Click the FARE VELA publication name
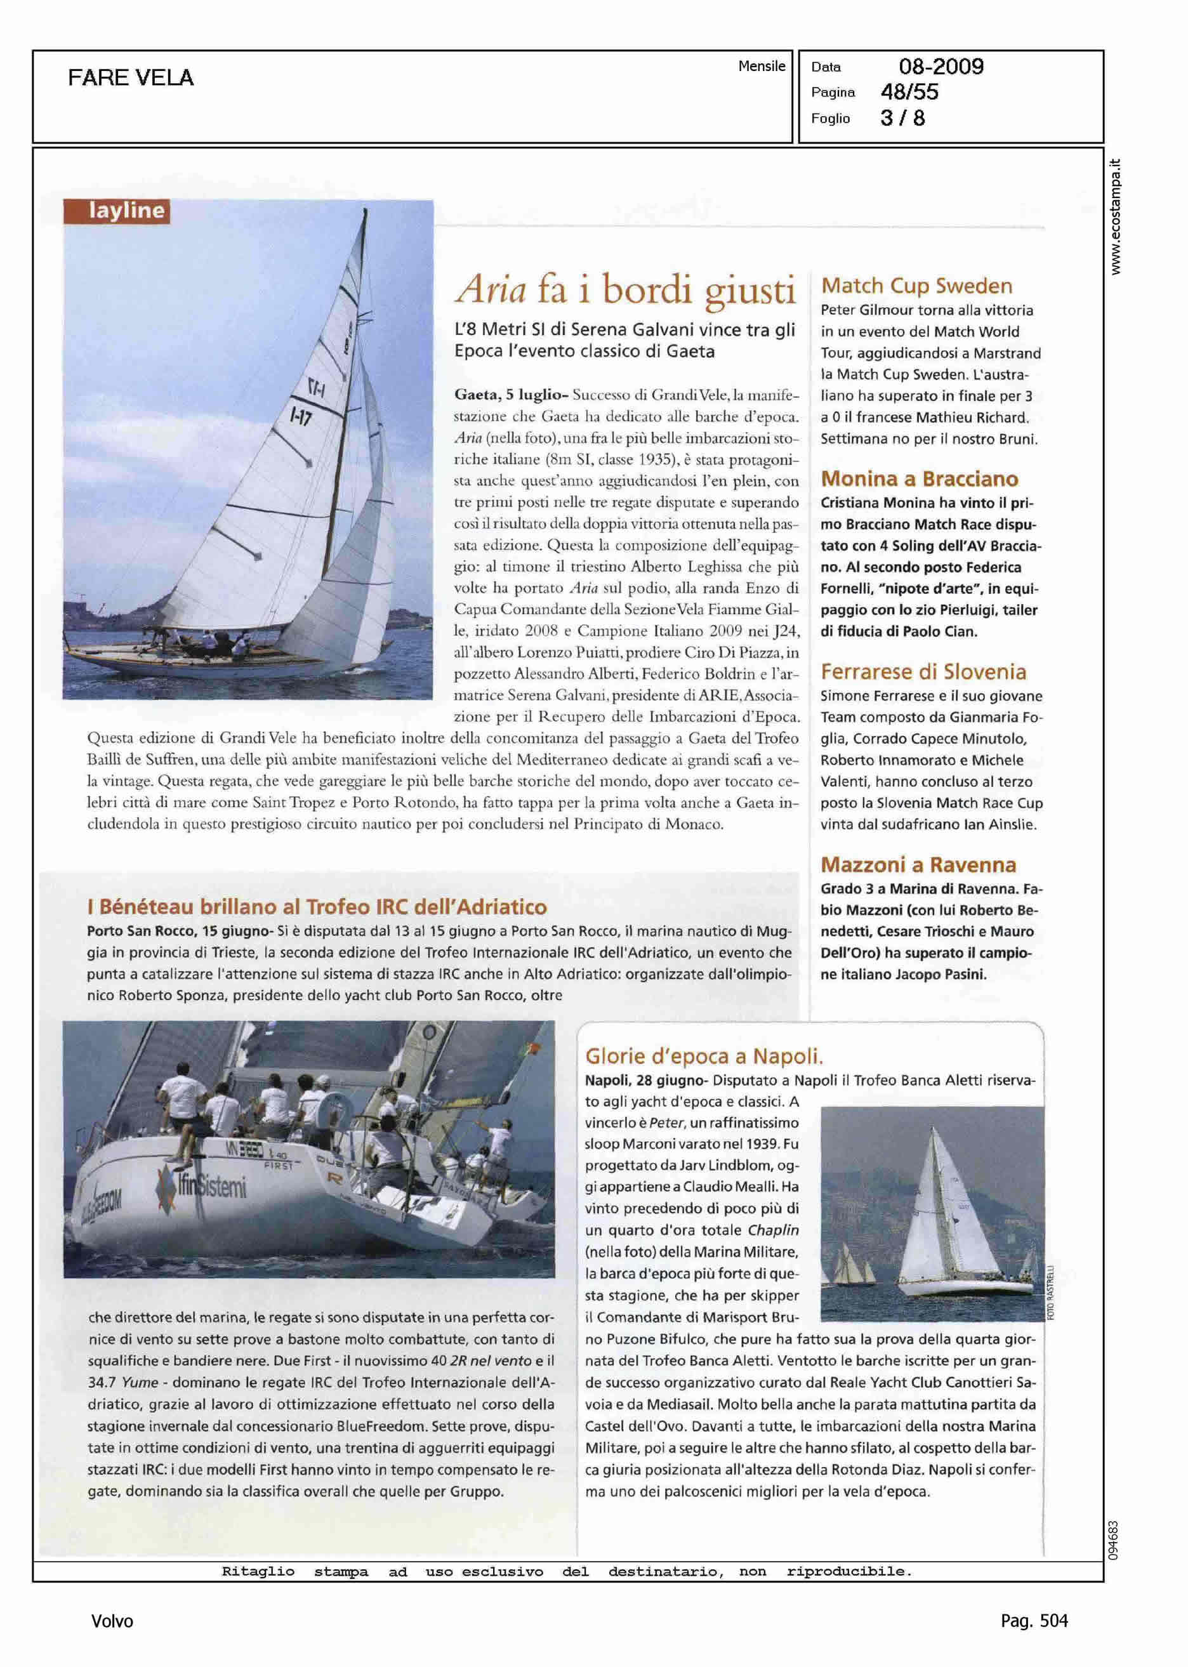131,77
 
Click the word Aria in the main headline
491,289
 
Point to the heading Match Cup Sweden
916,286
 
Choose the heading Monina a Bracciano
920,478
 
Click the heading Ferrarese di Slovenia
923,671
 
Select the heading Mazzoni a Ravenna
918,864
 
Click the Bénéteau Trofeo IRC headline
317,907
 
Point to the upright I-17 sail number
301,417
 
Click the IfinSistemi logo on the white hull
202,1186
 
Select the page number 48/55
909,92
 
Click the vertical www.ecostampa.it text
1115,216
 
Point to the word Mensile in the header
761,66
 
